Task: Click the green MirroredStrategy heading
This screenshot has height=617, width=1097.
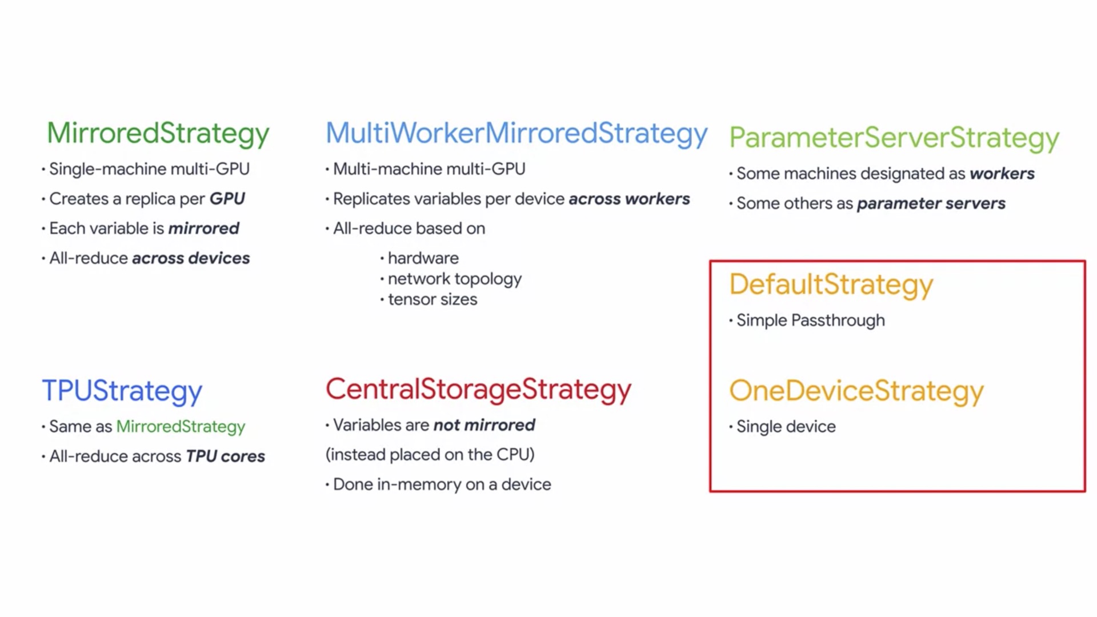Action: [158, 134]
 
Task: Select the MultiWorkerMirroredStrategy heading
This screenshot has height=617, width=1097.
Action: [517, 134]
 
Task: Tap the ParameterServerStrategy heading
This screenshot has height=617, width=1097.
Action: [894, 139]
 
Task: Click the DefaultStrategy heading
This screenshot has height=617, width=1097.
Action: [831, 285]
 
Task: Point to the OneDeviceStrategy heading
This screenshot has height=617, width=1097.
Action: [856, 392]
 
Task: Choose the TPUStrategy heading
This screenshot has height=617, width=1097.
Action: [122, 392]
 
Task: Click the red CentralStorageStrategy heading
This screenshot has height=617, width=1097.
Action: [479, 390]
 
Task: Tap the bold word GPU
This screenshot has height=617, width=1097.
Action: [227, 199]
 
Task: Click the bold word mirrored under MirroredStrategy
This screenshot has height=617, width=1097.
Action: [204, 229]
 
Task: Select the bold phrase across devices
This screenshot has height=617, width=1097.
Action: [191, 258]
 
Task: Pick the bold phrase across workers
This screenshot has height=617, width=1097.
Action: [629, 199]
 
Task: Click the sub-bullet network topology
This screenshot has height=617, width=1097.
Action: [455, 279]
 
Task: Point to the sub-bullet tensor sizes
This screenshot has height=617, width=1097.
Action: [433, 299]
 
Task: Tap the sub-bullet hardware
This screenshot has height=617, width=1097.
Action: [423, 258]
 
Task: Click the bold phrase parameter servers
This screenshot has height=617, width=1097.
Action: [931, 203]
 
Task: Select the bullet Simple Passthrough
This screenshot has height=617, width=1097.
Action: [811, 320]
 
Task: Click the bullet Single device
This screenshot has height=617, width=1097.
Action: [786, 427]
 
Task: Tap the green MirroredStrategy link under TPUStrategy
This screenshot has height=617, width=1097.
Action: [181, 427]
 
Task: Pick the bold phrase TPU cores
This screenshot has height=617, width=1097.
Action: [226, 456]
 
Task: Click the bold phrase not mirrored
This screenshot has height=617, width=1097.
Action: [485, 425]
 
